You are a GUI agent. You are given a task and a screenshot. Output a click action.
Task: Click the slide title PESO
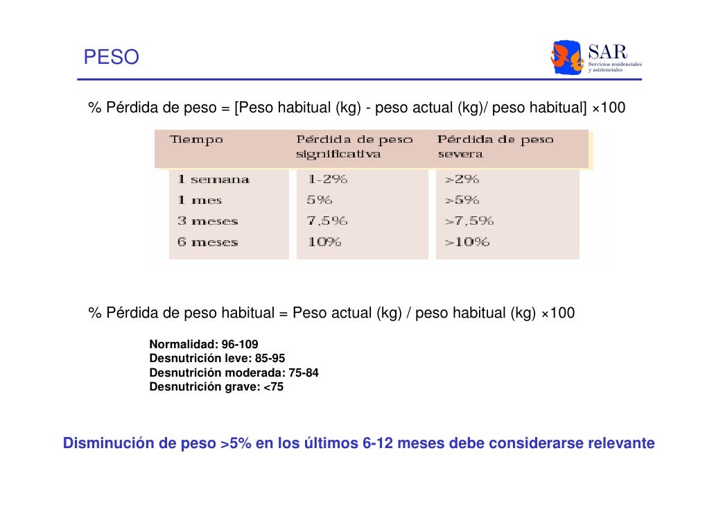(111, 57)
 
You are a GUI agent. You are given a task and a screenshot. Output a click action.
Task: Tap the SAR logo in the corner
(595, 58)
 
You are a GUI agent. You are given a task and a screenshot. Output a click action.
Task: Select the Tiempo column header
(197, 140)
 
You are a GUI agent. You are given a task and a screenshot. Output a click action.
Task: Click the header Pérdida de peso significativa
(354, 147)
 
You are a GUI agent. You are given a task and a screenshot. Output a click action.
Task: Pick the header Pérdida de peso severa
(495, 147)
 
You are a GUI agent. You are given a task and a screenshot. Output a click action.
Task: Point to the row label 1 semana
(213, 180)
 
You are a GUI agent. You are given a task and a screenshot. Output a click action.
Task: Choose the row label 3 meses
(207, 221)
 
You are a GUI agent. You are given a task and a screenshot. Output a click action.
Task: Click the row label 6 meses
(207, 242)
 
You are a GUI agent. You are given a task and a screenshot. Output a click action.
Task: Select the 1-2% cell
(327, 180)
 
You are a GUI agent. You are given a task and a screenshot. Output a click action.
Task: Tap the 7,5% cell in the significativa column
(327, 221)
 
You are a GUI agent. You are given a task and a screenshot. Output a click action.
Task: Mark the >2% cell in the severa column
(462, 180)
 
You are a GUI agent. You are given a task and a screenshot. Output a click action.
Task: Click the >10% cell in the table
(467, 242)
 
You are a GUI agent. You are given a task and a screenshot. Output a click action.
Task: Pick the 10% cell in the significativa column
(324, 242)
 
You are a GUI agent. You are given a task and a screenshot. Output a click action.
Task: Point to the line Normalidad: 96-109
(204, 345)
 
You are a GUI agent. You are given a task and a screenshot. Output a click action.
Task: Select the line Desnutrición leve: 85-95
(217, 359)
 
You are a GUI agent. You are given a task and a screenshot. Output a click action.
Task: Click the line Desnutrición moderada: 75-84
(234, 373)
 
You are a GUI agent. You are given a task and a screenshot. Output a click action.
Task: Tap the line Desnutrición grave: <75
(216, 387)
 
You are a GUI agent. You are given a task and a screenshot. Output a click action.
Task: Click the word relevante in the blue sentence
(620, 443)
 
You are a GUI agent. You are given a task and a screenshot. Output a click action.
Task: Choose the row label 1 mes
(200, 200)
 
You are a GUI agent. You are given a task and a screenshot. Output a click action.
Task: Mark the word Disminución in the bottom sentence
(108, 443)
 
